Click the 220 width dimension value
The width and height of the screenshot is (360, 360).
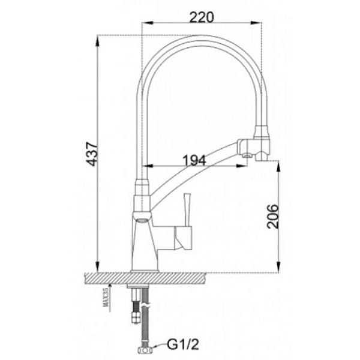[x=202, y=17]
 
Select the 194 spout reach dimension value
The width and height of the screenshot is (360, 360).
[x=194, y=160]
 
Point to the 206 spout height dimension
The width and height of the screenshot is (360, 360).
[x=273, y=216]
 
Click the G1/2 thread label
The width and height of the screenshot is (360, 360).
[x=183, y=344]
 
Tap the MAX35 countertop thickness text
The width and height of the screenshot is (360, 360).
[x=106, y=298]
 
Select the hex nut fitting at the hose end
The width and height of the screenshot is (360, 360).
[x=146, y=350]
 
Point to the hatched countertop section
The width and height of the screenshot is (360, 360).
[x=146, y=278]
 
